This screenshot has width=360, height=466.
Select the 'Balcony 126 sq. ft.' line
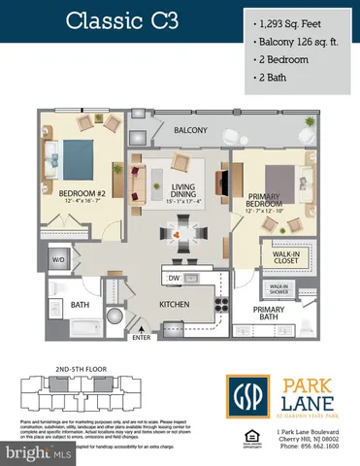pos(300,42)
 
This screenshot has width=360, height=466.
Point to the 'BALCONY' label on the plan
pos(191,130)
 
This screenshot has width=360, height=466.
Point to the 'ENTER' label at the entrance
pos(143,338)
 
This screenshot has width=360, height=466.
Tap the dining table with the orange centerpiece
pos(177,235)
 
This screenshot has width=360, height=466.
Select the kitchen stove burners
pos(220,301)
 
